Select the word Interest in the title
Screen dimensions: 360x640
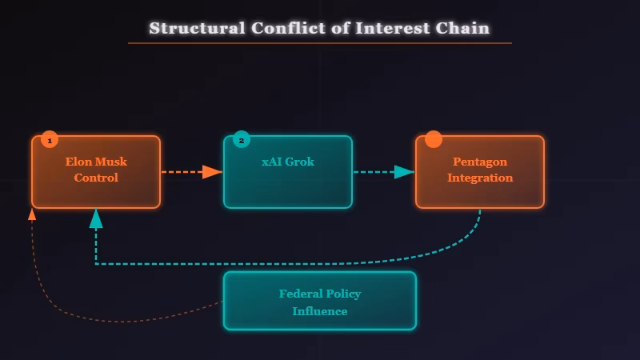[x=391, y=28]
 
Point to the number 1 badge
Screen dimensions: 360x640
[x=50, y=140]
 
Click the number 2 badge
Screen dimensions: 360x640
[x=242, y=140]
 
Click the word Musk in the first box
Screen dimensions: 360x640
[x=111, y=162]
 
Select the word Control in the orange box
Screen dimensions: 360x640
[x=96, y=178]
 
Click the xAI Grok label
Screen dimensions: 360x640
[x=288, y=162]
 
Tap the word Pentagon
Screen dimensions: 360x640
[x=480, y=162]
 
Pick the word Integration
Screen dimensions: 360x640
[x=480, y=178]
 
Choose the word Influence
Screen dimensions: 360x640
[x=320, y=311]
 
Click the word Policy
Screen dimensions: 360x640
[x=343, y=294]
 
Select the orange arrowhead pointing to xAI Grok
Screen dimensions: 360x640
[x=212, y=172]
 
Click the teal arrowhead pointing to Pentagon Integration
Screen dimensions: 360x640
[x=405, y=172]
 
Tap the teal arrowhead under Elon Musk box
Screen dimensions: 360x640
[x=96, y=218]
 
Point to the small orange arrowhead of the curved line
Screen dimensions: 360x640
[x=32, y=214]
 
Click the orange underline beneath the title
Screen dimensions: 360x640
[x=320, y=43]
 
